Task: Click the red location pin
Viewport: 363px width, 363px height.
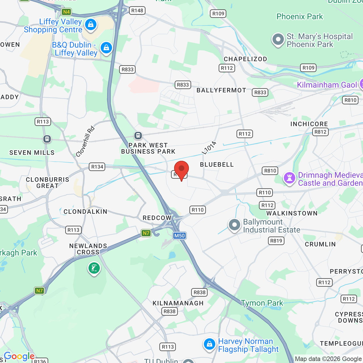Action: pyautogui.click(x=181, y=170)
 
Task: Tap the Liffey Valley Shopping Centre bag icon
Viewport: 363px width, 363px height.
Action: pyautogui.click(x=91, y=25)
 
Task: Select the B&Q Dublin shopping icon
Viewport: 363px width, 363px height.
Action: pyautogui.click(x=106, y=48)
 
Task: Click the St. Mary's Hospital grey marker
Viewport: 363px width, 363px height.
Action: pyautogui.click(x=278, y=40)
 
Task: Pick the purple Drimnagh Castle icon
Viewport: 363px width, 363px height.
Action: pyautogui.click(x=290, y=178)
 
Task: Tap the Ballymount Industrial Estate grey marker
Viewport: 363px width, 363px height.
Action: pyautogui.click(x=235, y=225)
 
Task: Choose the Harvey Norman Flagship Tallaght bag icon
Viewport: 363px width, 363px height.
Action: pyautogui.click(x=209, y=344)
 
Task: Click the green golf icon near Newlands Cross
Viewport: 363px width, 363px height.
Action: pyautogui.click(x=94, y=268)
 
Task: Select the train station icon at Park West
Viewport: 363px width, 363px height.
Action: pyautogui.click(x=138, y=136)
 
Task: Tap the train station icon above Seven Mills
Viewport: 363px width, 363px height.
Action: pyautogui.click(x=47, y=139)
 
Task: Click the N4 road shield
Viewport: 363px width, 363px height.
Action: pyautogui.click(x=66, y=12)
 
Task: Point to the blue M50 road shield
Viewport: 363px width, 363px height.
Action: pyautogui.click(x=180, y=236)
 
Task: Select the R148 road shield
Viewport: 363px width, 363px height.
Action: pyautogui.click(x=137, y=10)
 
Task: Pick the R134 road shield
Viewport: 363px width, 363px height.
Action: pyautogui.click(x=97, y=167)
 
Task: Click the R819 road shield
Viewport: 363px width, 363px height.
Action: pyautogui.click(x=276, y=241)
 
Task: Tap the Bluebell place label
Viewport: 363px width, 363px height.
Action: pyautogui.click(x=217, y=164)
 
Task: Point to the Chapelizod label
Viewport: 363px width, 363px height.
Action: pyautogui.click(x=245, y=59)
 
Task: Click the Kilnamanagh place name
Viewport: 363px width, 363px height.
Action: pyautogui.click(x=178, y=303)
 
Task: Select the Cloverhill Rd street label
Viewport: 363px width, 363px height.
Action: pyautogui.click(x=85, y=142)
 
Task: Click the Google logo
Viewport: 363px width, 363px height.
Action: pyautogui.click(x=19, y=356)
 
